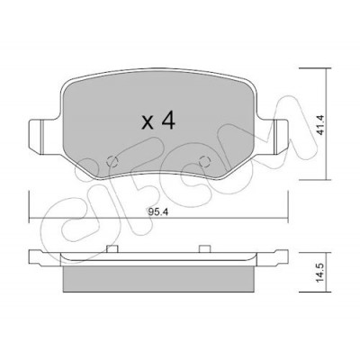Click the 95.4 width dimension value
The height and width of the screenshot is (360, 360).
pyautogui.click(x=158, y=212)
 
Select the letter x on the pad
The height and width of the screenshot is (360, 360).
pyautogui.click(x=148, y=123)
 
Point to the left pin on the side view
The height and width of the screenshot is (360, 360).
pyautogui.click(x=112, y=248)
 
